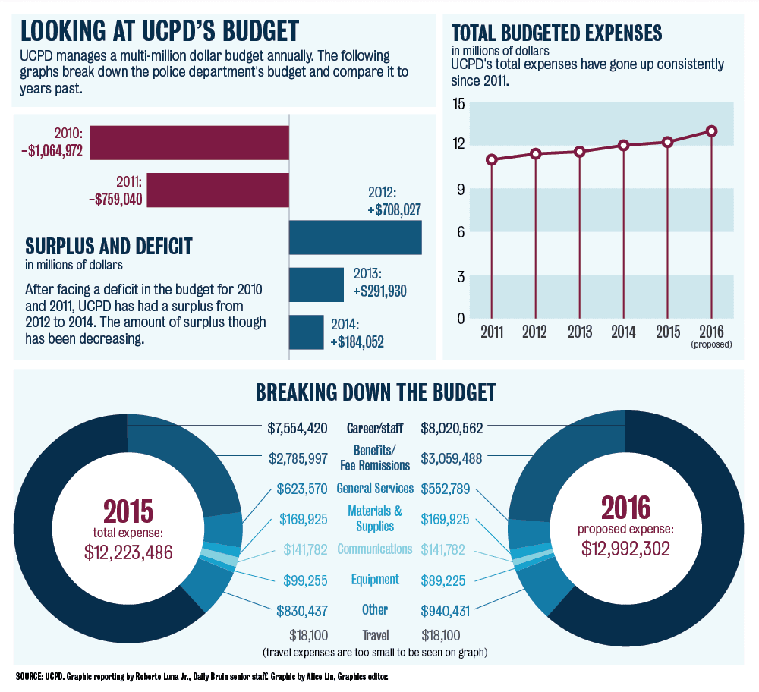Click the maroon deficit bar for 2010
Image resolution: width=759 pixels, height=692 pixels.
click(189, 142)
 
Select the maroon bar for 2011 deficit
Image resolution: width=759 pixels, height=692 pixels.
click(218, 190)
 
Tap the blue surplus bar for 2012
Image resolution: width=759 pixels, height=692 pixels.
click(355, 237)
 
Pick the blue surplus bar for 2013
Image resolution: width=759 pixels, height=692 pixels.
click(316, 285)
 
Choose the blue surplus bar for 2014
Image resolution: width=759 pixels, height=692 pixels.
click(306, 332)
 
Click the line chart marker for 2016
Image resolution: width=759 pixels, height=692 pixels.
click(711, 131)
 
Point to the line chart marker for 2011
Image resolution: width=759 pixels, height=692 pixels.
click(492, 159)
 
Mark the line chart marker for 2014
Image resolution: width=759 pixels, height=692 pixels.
click(623, 145)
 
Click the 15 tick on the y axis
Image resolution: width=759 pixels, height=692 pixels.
click(458, 103)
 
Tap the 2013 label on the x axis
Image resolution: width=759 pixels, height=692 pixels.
click(580, 331)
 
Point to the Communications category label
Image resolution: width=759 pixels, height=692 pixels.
click(374, 549)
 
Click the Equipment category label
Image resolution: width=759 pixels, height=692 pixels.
click(374, 580)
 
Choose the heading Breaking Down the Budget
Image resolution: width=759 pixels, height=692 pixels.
click(376, 392)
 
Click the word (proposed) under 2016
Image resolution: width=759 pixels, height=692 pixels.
click(711, 344)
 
